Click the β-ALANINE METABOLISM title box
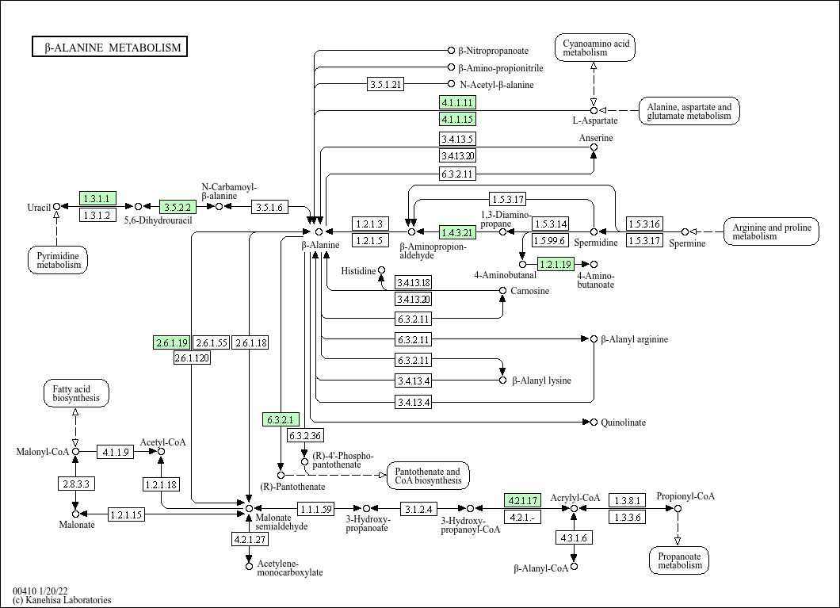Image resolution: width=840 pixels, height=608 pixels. (x=110, y=47)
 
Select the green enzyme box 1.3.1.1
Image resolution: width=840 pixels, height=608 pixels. (x=97, y=198)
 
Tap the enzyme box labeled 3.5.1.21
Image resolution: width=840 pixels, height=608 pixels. (x=386, y=84)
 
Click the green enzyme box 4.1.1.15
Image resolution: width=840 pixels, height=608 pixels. (x=457, y=119)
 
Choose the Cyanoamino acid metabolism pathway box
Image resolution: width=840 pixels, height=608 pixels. (x=595, y=48)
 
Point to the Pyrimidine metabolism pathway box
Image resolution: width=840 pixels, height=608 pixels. (x=58, y=260)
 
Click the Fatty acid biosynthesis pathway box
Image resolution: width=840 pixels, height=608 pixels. (x=76, y=394)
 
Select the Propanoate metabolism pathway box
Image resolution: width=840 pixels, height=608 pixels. (x=679, y=561)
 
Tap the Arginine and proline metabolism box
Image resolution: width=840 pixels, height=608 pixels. (x=771, y=231)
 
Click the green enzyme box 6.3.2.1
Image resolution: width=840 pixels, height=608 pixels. (x=281, y=419)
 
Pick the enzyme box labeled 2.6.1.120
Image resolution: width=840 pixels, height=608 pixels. (x=192, y=358)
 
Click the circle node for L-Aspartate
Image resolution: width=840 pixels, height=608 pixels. (x=594, y=110)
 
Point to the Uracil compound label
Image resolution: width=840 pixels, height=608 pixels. (x=39, y=208)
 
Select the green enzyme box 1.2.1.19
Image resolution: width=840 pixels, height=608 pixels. (x=556, y=264)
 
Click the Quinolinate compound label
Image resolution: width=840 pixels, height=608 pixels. (x=623, y=423)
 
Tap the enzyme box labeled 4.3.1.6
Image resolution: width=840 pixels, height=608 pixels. (x=574, y=537)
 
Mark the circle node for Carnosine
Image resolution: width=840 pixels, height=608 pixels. (x=502, y=290)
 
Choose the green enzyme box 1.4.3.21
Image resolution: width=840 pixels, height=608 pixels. (x=457, y=232)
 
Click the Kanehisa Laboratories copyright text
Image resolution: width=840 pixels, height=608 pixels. (x=62, y=600)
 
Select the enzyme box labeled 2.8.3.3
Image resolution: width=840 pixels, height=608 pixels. (x=76, y=484)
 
